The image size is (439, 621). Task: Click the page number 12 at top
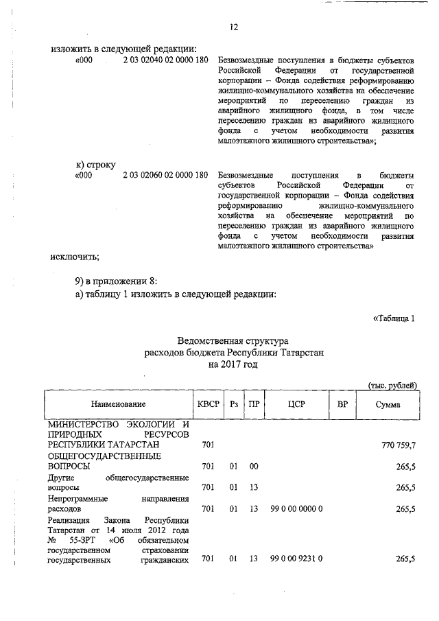(x=233, y=27)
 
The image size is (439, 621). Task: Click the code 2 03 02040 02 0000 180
(x=165, y=60)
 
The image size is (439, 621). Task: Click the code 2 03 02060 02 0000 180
(x=165, y=175)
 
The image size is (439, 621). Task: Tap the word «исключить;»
(x=75, y=257)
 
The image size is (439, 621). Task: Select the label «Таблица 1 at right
(x=394, y=318)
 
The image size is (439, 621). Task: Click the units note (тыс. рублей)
(x=392, y=386)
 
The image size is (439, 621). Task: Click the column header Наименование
(x=117, y=406)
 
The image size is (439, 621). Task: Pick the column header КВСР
(x=208, y=405)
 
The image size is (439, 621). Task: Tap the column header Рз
(x=234, y=405)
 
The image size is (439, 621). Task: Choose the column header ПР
(x=254, y=405)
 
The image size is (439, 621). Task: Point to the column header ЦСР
(x=296, y=405)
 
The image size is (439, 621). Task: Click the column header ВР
(x=342, y=405)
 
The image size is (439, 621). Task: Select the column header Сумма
(x=388, y=406)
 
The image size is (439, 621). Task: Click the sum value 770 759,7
(x=398, y=446)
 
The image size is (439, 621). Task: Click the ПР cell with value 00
(x=254, y=466)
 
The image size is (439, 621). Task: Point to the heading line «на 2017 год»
(x=233, y=365)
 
